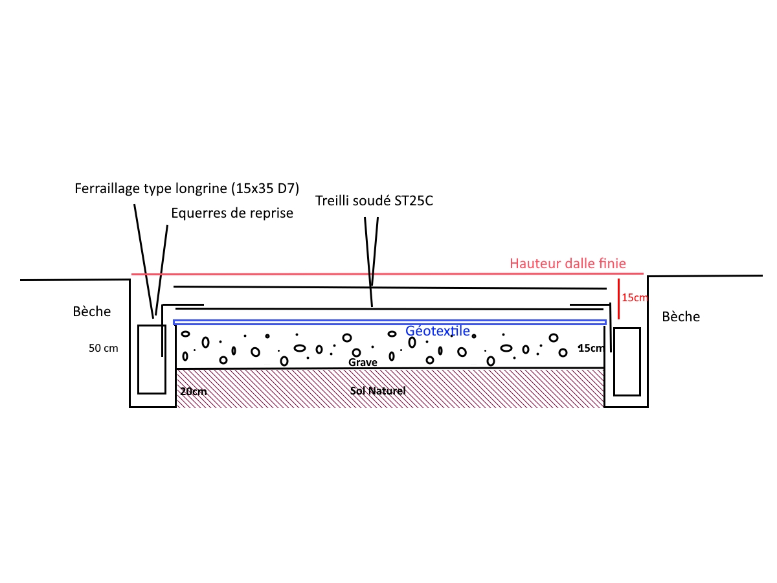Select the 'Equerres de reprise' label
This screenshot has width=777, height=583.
click(232, 213)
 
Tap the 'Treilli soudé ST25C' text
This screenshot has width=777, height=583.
click(374, 200)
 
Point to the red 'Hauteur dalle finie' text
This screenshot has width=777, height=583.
click(568, 264)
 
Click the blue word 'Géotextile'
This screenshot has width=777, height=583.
click(438, 331)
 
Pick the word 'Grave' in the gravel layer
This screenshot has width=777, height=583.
click(363, 363)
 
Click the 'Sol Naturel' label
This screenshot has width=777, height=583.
click(377, 391)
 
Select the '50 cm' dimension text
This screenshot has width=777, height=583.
click(104, 348)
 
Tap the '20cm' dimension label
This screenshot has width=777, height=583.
click(194, 392)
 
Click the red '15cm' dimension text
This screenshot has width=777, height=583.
click(634, 298)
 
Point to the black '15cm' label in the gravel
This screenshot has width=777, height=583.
click(590, 349)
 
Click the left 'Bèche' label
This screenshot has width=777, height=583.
click(92, 312)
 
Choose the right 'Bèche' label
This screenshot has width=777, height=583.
click(681, 317)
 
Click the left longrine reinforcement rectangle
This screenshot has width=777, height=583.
click(152, 360)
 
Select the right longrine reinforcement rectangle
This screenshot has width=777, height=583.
click(627, 361)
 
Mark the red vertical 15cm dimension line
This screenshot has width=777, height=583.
click(618, 299)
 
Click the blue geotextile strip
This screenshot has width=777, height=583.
click(291, 322)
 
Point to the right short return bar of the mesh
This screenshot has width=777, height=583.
click(586, 303)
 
